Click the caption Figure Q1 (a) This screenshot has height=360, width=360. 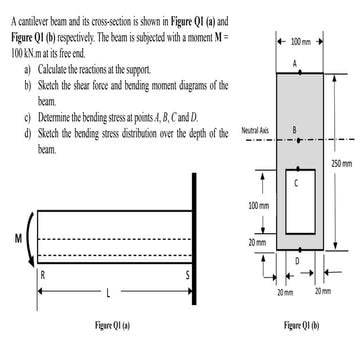click(x=105, y=326)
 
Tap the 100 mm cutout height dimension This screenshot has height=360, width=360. click(x=258, y=205)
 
